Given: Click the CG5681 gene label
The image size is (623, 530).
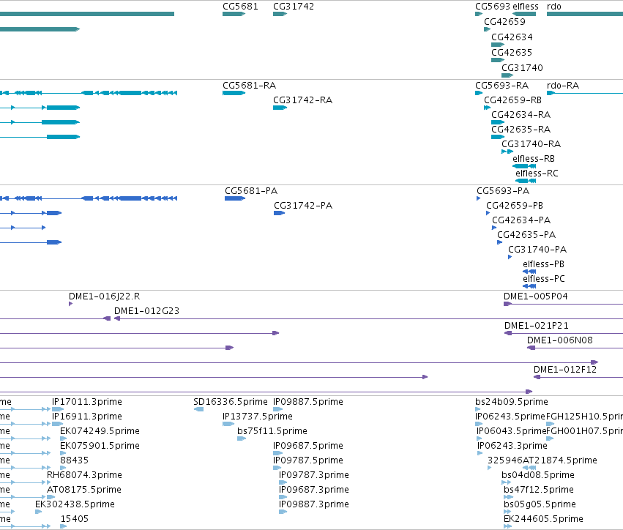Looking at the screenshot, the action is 240,7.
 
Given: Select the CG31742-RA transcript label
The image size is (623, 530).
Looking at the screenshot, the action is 302,100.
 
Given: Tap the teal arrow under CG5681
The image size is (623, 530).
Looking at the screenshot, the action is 234,14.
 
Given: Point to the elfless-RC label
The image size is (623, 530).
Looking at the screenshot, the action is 537,173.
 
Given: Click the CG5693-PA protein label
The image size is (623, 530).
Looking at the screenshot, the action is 503,191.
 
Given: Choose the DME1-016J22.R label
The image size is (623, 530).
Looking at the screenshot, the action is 104,296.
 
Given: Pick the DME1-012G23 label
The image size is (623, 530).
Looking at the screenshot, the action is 146,310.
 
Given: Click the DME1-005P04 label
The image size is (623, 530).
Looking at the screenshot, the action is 536,296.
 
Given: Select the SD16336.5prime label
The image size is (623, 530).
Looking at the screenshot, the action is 231,402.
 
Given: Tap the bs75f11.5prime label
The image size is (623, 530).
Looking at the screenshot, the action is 272,431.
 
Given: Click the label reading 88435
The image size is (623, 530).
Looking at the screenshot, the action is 74,460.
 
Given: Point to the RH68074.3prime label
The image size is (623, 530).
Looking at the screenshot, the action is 84,475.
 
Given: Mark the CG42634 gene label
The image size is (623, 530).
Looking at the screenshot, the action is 512,37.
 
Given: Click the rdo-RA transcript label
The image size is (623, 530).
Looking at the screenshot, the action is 563,86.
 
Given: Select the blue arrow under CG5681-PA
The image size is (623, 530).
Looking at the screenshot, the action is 235,198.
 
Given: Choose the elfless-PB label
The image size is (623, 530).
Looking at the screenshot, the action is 543,264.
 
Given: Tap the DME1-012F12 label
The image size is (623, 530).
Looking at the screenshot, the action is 565,370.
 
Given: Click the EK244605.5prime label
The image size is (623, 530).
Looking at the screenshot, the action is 543,519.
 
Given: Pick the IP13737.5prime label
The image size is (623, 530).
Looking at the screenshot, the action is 258,417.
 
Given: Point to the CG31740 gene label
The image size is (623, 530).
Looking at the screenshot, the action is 522,68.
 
